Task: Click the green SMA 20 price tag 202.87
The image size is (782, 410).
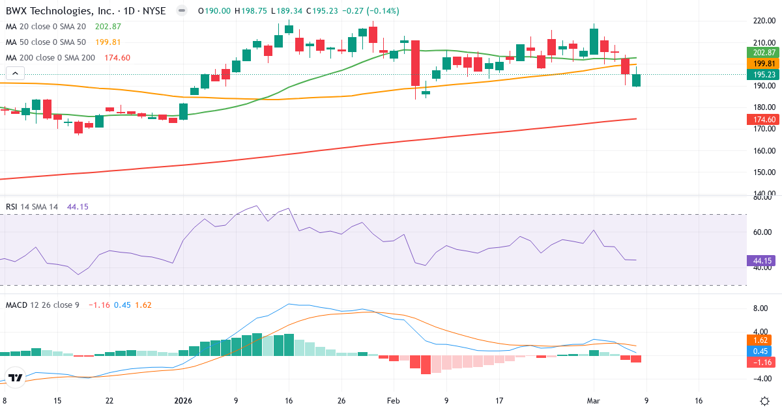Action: pos(761,52)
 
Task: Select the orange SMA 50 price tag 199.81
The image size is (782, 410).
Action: pos(761,63)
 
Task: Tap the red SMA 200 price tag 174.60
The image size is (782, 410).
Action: pos(761,119)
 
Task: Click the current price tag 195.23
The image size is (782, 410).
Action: pos(761,75)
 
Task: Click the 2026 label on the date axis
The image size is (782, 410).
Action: pos(182,401)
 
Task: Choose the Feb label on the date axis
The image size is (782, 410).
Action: pos(392,401)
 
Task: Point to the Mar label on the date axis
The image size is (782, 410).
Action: pos(594,401)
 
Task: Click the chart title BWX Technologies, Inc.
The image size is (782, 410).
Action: pos(59,11)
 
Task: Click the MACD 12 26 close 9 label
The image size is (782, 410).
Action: pos(42,305)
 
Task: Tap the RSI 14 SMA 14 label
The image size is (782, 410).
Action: pos(32,207)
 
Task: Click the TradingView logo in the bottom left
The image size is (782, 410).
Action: pos(16,377)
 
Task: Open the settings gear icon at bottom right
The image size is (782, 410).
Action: pos(766,400)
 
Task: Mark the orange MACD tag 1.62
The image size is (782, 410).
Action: pos(760,340)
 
